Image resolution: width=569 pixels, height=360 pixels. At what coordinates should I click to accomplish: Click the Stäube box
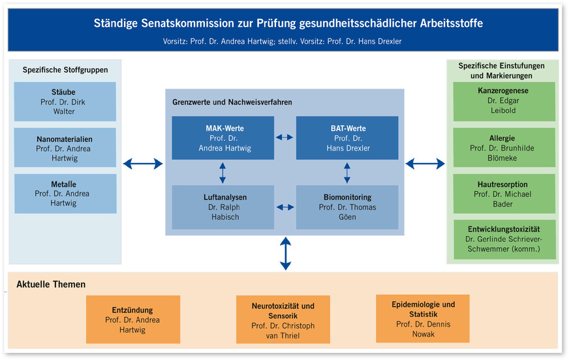(65, 102)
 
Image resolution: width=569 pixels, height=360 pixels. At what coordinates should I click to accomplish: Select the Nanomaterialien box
(65, 148)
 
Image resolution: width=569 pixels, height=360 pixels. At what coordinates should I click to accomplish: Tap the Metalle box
(65, 194)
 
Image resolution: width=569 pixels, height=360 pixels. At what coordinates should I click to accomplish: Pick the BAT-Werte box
(347, 138)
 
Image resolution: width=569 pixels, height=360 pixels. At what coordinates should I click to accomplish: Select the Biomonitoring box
(347, 207)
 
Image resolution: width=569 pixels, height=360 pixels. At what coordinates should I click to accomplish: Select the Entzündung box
(132, 320)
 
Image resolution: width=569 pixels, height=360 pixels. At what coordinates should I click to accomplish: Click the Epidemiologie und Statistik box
(423, 319)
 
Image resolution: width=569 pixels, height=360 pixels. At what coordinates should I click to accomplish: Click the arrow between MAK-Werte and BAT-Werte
(285, 138)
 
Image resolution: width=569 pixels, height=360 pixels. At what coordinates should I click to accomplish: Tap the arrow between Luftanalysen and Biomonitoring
(285, 207)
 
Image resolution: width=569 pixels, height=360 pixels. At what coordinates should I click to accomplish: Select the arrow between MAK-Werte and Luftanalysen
(223, 172)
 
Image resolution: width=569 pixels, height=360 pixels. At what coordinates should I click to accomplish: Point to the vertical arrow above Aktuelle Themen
(285, 254)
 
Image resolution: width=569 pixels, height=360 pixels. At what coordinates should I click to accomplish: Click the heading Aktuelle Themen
(51, 284)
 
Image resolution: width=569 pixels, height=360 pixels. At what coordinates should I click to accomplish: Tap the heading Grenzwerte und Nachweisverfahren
(232, 102)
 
